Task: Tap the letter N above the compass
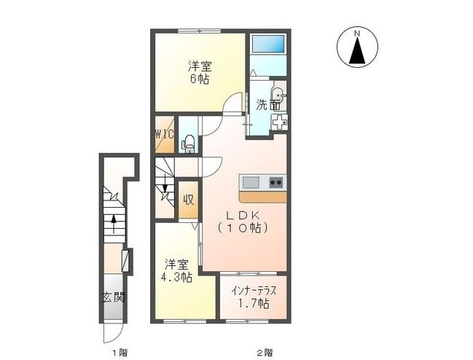[357, 33]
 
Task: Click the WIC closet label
[163, 135]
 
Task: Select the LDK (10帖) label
[244, 222]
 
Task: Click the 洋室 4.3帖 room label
[177, 270]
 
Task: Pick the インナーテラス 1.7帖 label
[253, 296]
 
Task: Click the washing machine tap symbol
[278, 122]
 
